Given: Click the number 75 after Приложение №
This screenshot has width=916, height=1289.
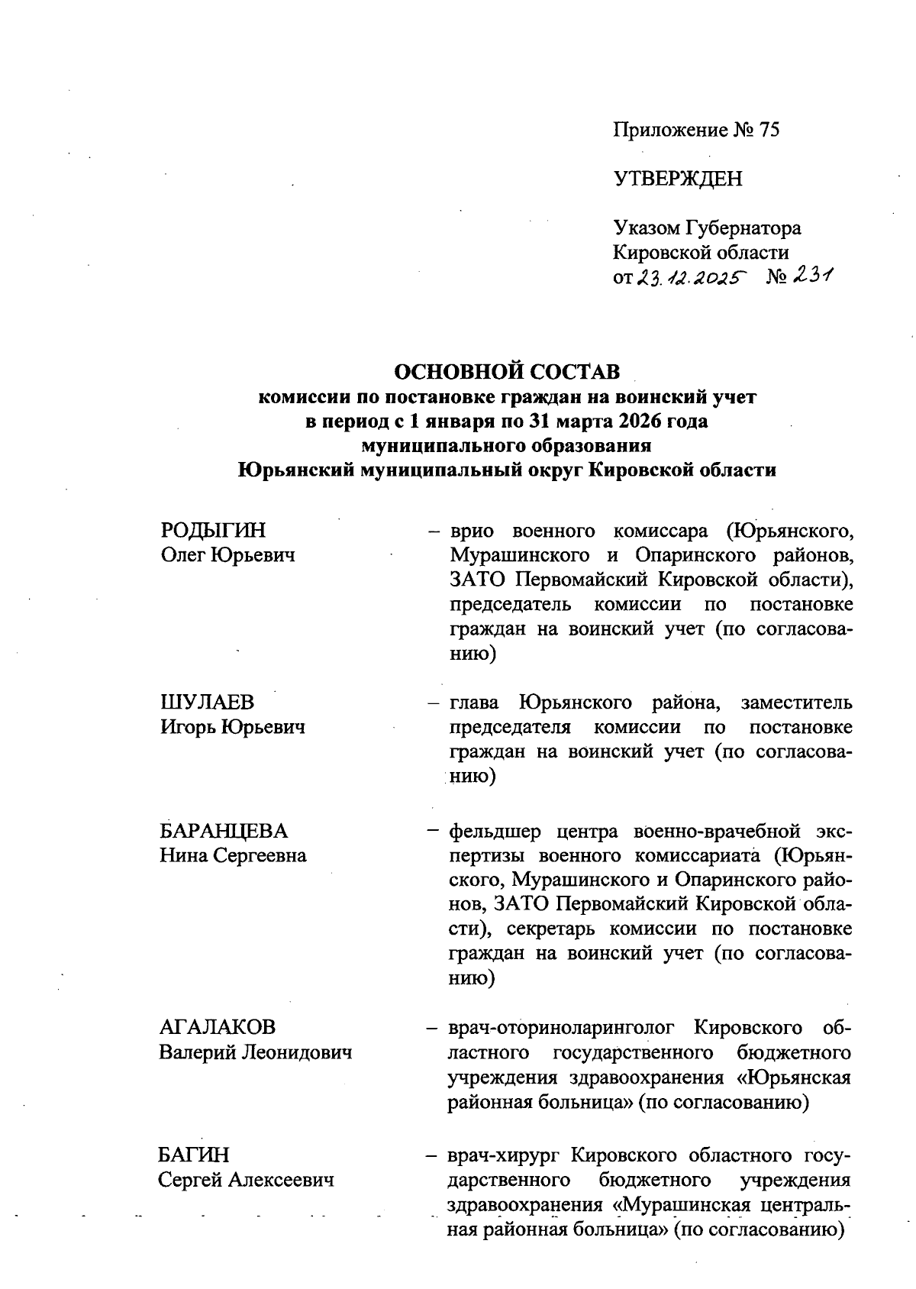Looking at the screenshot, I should [x=768, y=130].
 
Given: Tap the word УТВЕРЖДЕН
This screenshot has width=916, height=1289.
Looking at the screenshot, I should [x=678, y=179].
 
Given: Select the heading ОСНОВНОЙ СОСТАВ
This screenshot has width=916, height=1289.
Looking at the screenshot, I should [x=506, y=372].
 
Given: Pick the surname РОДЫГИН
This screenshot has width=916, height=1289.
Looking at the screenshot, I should [x=214, y=531].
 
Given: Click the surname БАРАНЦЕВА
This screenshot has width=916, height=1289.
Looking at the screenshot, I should [x=224, y=831].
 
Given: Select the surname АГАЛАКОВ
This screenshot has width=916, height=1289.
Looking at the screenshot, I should [x=218, y=1028].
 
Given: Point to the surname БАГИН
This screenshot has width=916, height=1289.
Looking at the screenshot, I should [x=194, y=1155].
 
